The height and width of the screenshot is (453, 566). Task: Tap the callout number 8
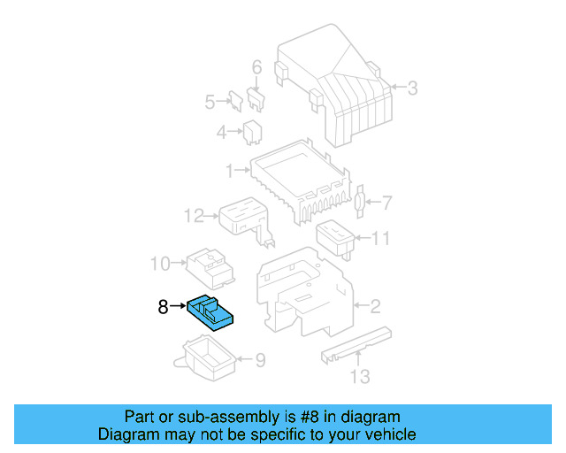click(162, 307)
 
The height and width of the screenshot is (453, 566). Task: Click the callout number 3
click(412, 87)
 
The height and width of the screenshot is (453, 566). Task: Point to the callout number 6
click(257, 67)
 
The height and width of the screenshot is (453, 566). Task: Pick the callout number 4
click(221, 133)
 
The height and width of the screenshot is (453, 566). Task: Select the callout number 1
click(228, 169)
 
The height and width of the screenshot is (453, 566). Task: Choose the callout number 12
click(194, 215)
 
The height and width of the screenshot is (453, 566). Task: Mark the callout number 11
click(380, 238)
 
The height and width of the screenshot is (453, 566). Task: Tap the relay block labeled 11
click(335, 235)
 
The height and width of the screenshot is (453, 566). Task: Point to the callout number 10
click(159, 263)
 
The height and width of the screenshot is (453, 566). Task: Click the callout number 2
click(375, 307)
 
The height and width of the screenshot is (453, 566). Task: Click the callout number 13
click(358, 379)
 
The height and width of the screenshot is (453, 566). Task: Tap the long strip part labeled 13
click(356, 343)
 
